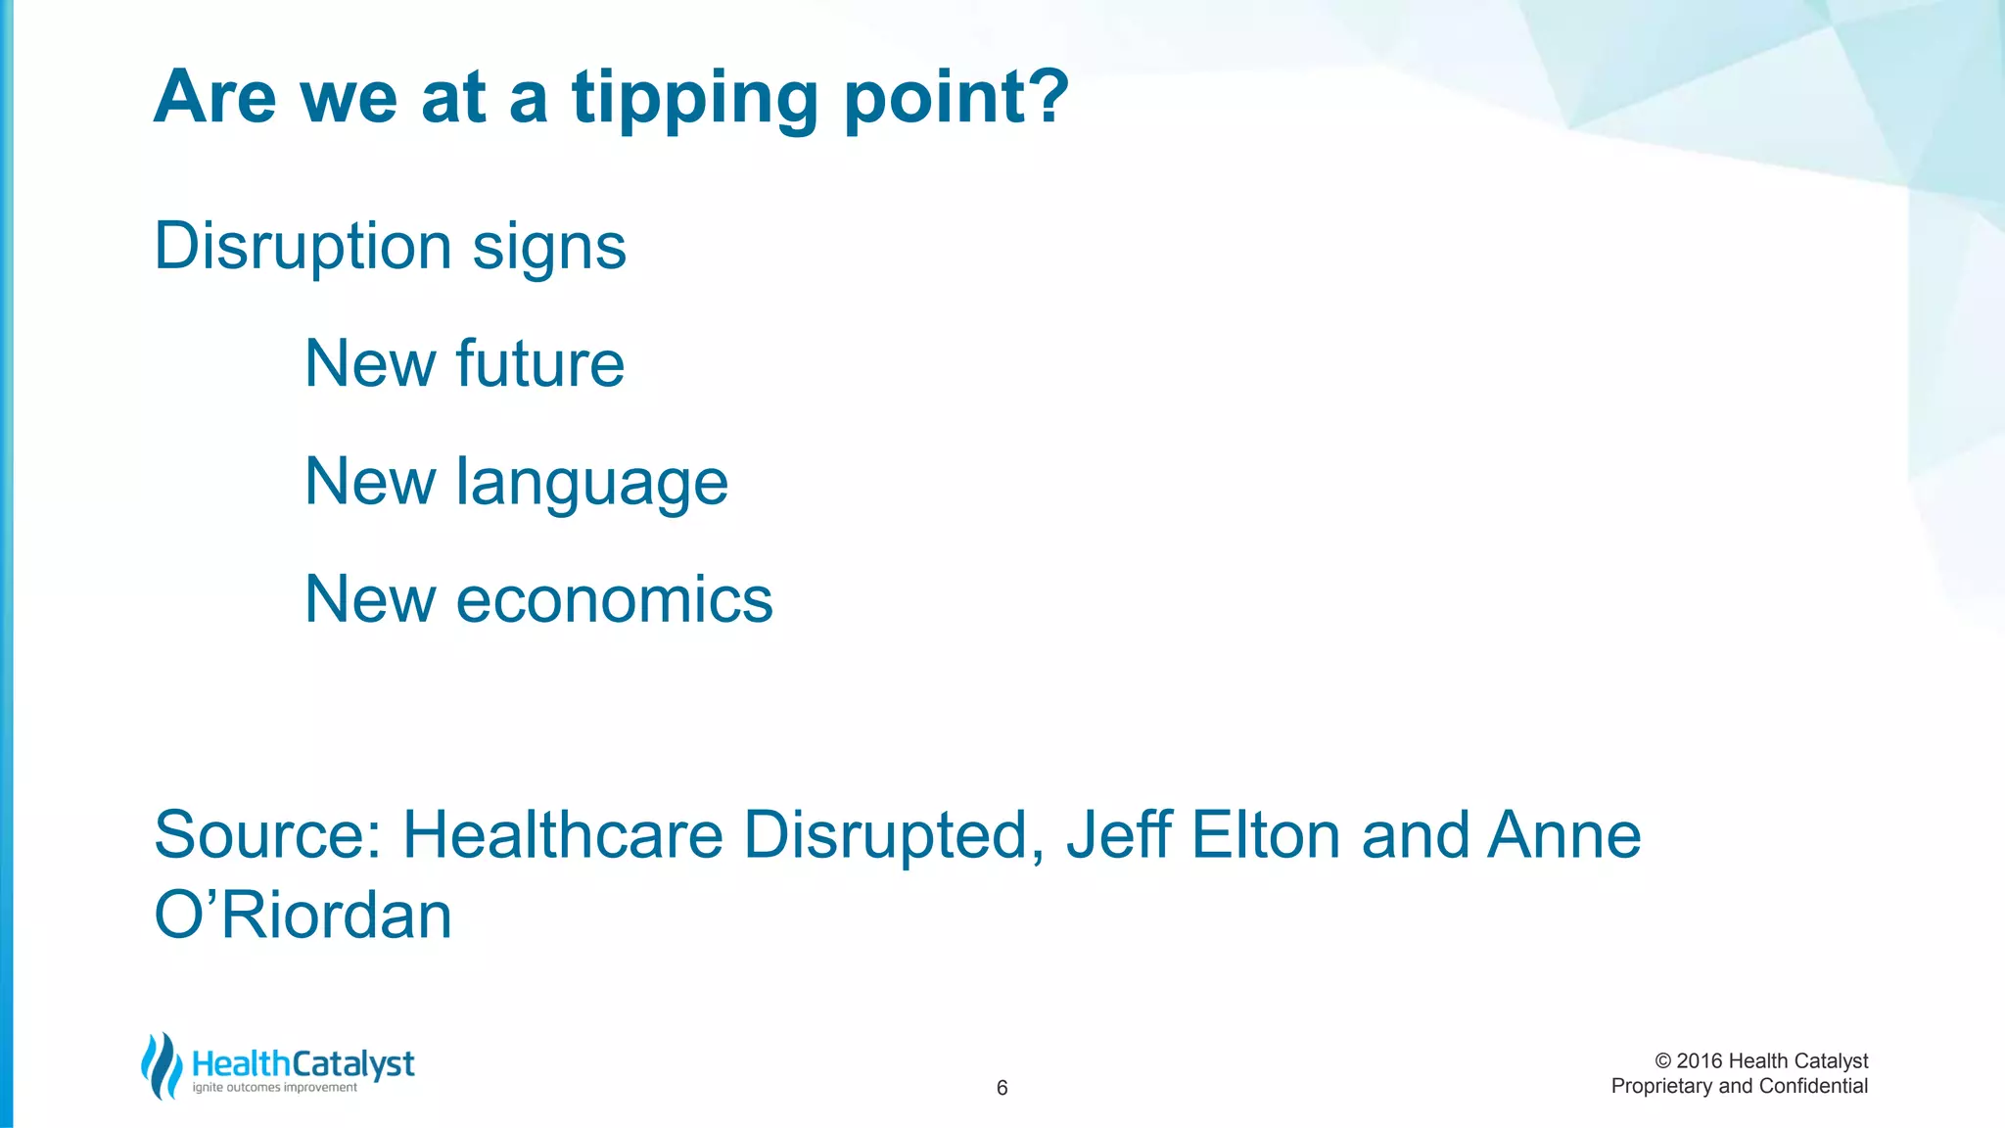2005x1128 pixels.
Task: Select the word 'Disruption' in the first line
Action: point(303,247)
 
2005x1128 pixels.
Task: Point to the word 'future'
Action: point(539,364)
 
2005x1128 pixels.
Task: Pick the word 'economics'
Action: point(614,600)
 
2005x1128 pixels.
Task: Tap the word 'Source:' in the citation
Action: point(267,836)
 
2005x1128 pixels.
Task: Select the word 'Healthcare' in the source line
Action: point(563,836)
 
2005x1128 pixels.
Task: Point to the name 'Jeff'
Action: point(1119,836)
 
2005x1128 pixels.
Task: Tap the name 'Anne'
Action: point(1563,836)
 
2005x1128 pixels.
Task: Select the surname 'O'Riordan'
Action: point(303,916)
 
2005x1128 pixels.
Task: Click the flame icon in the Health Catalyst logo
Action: point(162,1066)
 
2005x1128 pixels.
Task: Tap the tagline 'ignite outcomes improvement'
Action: point(274,1088)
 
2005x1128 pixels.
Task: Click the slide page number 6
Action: point(1002,1088)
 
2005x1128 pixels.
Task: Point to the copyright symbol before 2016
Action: point(1662,1061)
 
